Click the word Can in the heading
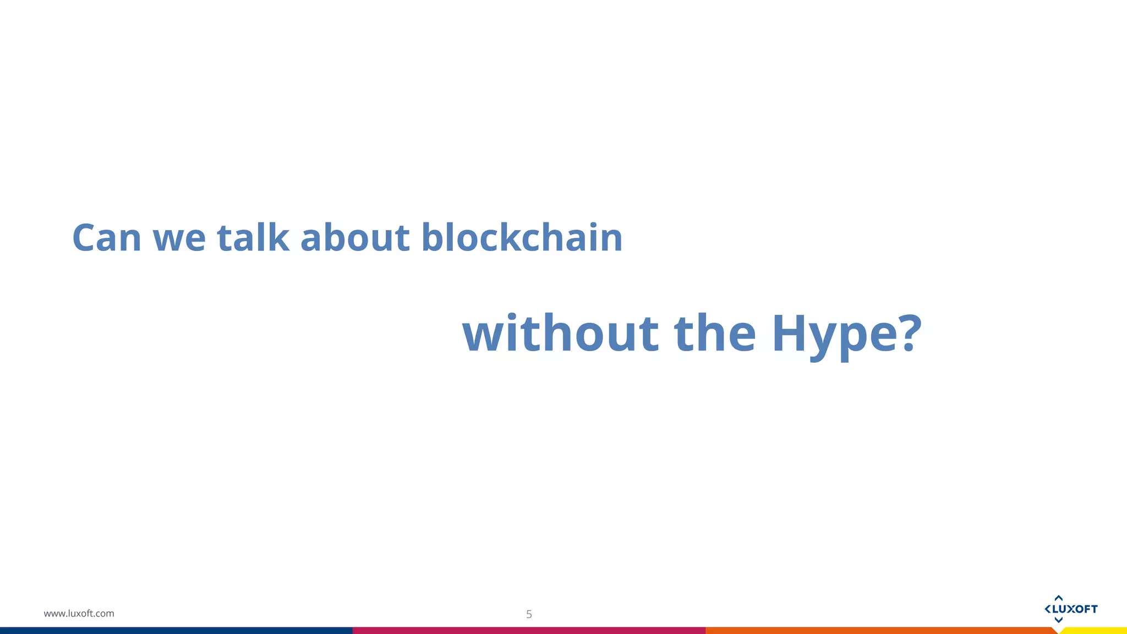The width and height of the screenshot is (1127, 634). [107, 238]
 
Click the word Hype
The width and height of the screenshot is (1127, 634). [834, 334]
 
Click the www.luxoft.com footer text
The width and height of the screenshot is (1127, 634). [79, 613]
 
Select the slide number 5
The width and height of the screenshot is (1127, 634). [529, 614]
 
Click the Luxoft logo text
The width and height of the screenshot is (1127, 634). [1075, 609]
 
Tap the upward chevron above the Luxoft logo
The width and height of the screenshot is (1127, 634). [1058, 598]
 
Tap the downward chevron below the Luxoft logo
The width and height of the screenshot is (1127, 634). [1058, 620]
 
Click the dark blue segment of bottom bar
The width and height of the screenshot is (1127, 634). [176, 630]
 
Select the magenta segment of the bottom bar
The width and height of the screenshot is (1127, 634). [528, 630]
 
